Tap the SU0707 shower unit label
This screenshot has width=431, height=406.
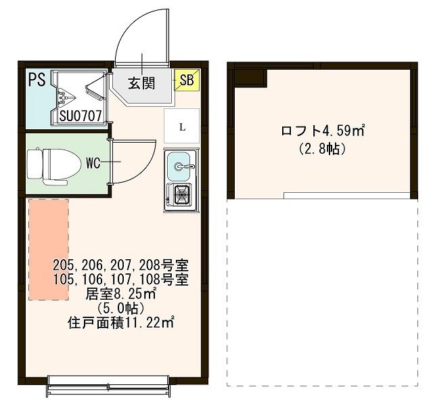coord(80,116)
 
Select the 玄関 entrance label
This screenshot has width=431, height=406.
coord(142,83)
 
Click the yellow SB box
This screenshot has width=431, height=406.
coord(185,81)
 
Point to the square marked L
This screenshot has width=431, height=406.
coord(181,126)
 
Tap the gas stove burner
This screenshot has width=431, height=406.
coord(181,196)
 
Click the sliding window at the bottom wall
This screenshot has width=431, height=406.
coord(116,390)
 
